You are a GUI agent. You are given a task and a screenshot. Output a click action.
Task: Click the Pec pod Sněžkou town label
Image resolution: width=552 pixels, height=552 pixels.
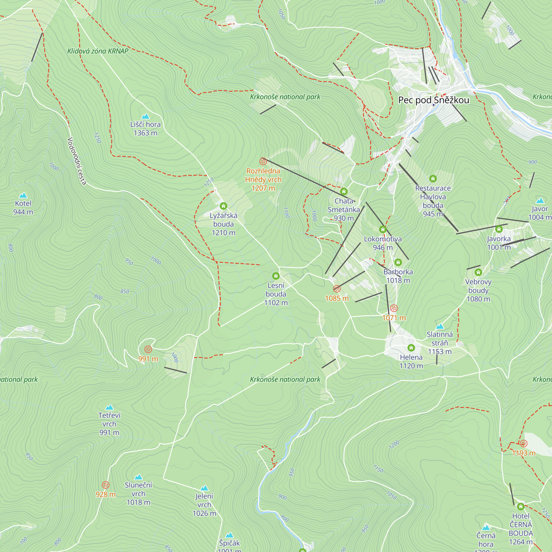433,100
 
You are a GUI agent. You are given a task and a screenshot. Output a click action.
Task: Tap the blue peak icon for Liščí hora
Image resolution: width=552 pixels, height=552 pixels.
145,116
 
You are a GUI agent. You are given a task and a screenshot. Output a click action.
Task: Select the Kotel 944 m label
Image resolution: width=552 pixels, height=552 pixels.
23,208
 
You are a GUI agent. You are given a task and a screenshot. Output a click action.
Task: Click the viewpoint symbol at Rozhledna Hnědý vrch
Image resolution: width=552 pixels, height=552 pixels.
263,161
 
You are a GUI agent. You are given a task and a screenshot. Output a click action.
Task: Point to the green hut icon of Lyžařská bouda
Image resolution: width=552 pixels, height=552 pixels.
224,206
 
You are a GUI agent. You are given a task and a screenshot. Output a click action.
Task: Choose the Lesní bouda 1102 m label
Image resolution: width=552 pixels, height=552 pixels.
276,294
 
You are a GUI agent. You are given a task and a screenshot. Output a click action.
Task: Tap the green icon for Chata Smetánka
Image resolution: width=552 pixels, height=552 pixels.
344,192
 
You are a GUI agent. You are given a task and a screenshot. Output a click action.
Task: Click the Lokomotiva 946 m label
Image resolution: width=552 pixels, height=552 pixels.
383,243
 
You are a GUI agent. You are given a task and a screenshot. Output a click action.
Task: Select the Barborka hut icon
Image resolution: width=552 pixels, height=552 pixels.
398,262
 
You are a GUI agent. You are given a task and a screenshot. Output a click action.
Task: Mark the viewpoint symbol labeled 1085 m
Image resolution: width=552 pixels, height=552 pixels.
337,289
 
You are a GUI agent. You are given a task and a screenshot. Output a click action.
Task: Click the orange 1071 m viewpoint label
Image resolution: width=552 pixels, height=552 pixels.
394,318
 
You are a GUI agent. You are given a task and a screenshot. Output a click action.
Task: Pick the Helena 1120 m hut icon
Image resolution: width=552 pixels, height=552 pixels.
411,348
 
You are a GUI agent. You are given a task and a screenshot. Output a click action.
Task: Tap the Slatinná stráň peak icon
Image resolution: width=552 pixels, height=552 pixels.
440,327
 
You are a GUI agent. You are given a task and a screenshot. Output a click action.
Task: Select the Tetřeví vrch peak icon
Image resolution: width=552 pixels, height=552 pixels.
109,407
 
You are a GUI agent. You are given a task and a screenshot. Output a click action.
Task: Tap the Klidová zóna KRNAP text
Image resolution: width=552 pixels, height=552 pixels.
98,51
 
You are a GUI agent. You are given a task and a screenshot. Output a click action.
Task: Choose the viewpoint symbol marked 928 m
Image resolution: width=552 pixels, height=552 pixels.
105,485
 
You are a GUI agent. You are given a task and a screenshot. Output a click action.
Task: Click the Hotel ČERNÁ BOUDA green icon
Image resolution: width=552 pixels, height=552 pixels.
521,506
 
